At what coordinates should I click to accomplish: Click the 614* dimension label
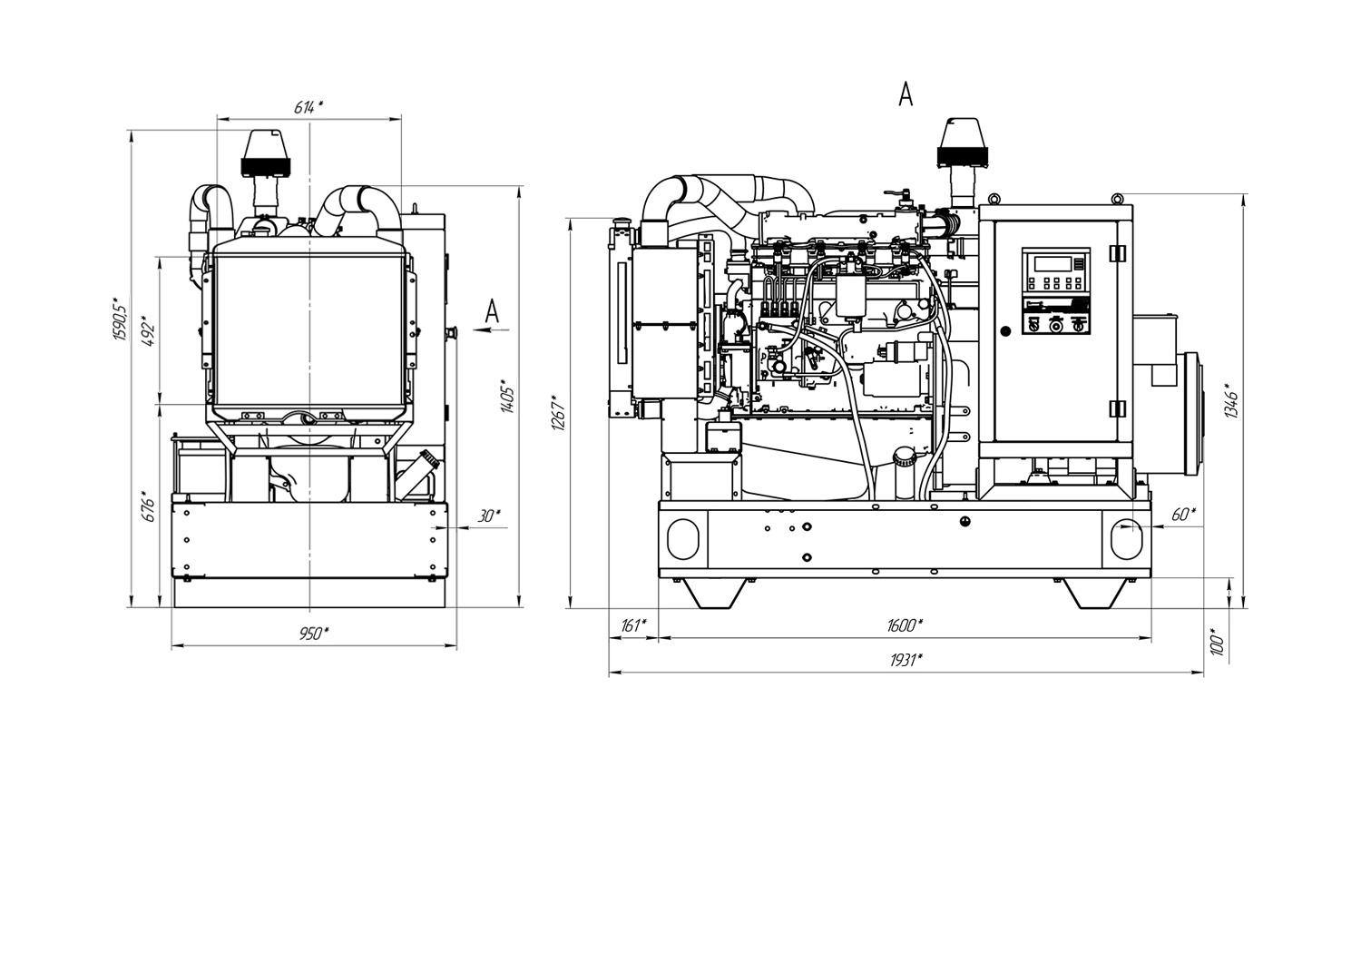click(x=308, y=107)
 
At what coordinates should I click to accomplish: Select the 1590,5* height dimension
click(x=120, y=318)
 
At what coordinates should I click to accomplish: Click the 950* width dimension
click(x=314, y=634)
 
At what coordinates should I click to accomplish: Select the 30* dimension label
click(x=488, y=516)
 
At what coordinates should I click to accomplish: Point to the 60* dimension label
click(x=1183, y=515)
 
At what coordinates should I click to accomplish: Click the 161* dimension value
click(x=633, y=625)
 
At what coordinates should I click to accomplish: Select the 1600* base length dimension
click(x=905, y=625)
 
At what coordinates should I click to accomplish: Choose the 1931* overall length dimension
click(x=905, y=660)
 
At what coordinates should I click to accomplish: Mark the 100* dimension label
click(x=1218, y=641)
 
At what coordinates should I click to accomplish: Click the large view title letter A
click(x=905, y=93)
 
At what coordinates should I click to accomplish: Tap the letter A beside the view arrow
click(x=491, y=311)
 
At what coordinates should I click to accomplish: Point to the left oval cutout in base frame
click(x=687, y=538)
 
